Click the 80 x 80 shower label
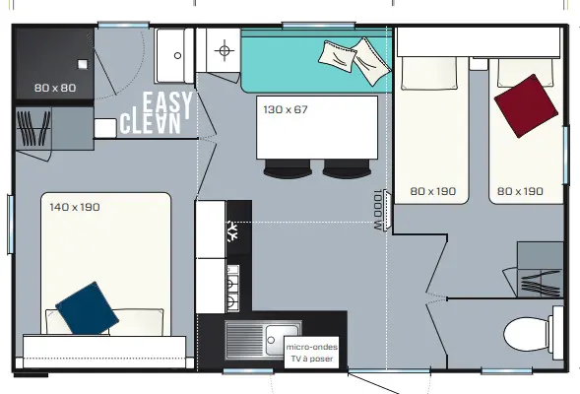[x=55, y=88]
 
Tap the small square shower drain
[x=83, y=64]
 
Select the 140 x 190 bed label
[x=75, y=207]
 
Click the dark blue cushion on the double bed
[x=88, y=307]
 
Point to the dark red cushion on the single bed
[x=526, y=106]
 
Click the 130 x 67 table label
[x=286, y=109]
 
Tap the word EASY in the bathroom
[x=167, y=103]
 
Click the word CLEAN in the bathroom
[x=151, y=123]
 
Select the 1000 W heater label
[x=377, y=210]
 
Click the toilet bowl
[x=527, y=335]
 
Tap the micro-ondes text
[x=312, y=347]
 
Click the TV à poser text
[x=312, y=359]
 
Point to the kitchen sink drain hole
[x=271, y=340]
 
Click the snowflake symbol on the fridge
[x=232, y=231]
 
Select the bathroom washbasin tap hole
[x=177, y=55]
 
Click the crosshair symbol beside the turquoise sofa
[x=225, y=50]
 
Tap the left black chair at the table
[x=288, y=168]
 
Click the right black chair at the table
[x=347, y=169]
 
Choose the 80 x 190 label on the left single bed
[x=432, y=191]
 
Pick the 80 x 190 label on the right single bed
[x=520, y=191]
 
